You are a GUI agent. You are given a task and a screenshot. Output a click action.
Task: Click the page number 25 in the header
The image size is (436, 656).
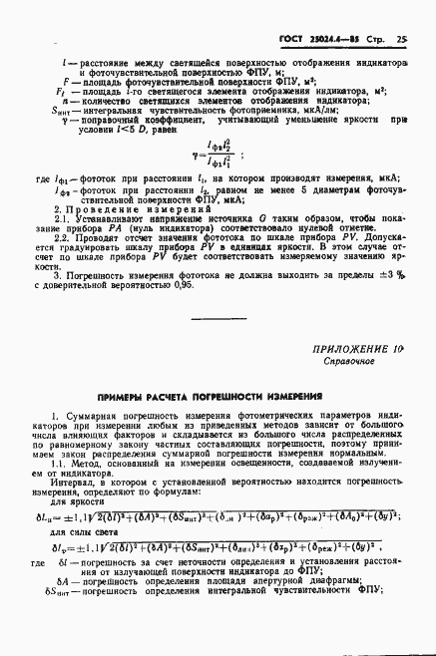401,41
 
